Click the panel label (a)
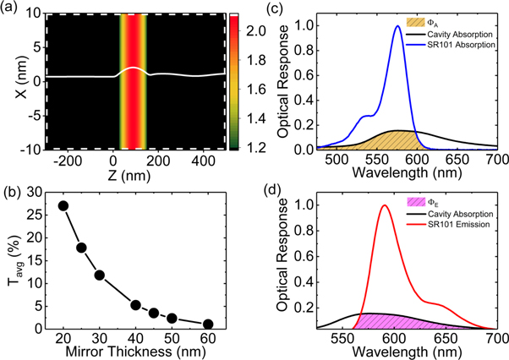click(11, 8)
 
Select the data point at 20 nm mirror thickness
click(63, 205)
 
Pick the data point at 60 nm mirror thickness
click(208, 324)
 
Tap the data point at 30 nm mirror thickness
click(100, 275)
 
